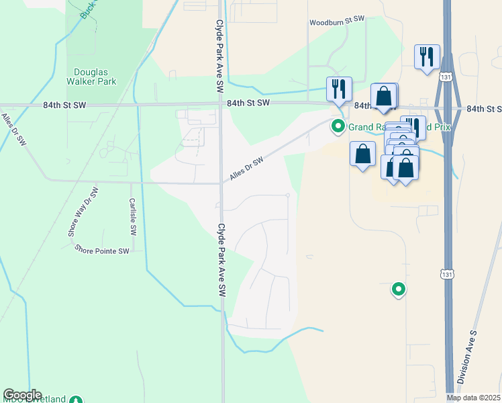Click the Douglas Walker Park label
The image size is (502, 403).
pos(95,76)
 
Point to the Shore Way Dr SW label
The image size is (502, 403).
pos(83,212)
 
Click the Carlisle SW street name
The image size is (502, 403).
pos(133,216)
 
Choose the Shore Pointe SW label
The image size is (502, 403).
pos(101,251)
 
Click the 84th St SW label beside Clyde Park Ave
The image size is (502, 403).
pos(248,103)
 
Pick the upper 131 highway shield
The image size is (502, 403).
pos(446,78)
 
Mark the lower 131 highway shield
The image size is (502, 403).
pos(446,274)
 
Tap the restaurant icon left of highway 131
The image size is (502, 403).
pos(427,57)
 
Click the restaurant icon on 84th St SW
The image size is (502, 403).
pos(339,89)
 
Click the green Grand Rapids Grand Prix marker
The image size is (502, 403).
pos(338,126)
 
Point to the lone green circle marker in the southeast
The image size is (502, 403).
pos(399,289)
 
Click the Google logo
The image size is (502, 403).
pos(22,395)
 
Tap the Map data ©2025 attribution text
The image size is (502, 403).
pos(473,398)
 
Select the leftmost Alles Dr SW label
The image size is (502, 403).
pos(13,130)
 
